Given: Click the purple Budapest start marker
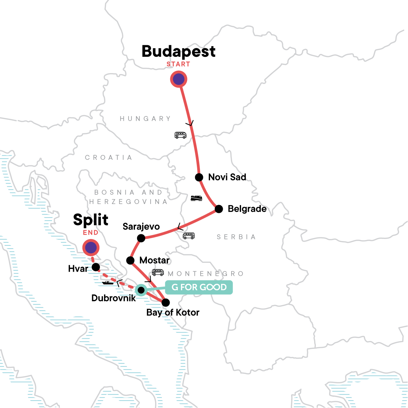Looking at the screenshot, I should pos(178,79).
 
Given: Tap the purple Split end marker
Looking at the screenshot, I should pos(91,248).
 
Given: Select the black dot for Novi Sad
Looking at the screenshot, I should pos(199,177).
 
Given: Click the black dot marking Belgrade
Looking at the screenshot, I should pos(219,209).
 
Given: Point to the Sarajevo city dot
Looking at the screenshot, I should pos(141,238).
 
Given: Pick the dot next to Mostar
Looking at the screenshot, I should pos(130,260).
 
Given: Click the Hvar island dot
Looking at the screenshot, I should pos(96,267).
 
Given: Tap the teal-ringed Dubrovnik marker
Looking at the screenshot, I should pos(141,290).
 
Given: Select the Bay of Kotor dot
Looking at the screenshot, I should pos(165,302).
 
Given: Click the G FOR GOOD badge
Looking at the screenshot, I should pos(199,287).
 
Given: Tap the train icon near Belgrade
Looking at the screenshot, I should pos(196,198).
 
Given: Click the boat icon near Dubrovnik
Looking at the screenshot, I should pos(108,282).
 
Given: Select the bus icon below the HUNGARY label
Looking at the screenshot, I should pos(180,135).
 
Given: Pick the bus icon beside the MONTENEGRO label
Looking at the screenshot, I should pos(158,272).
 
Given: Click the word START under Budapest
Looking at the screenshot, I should pos(178,64).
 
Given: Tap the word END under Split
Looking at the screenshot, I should pos(91,233).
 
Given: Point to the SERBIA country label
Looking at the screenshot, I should pos(236,237).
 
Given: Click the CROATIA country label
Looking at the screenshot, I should pos(108,157).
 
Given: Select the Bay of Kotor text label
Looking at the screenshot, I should pos(173,312).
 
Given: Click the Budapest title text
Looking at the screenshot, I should pos(178,51).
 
